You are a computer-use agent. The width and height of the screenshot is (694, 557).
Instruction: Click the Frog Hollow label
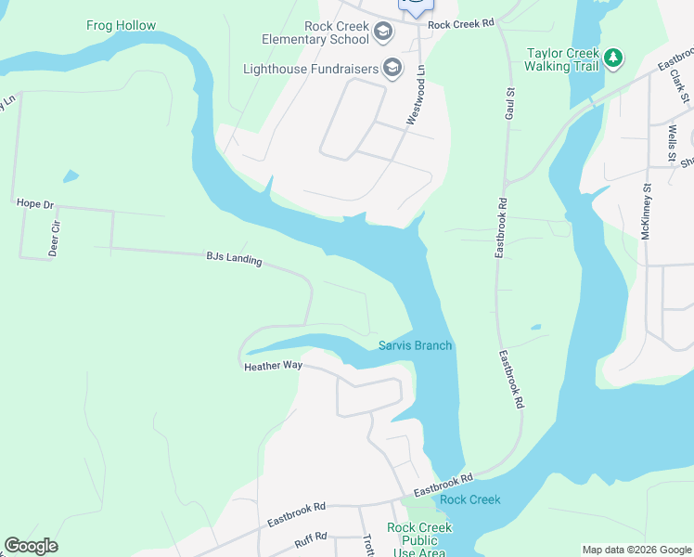click(121, 25)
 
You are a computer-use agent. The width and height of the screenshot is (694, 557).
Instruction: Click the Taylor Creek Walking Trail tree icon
click(612, 58)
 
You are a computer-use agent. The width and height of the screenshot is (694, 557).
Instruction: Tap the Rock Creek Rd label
click(461, 24)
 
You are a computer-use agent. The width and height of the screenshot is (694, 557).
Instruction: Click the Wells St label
click(672, 139)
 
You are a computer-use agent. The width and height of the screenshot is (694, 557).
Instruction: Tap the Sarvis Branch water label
click(415, 346)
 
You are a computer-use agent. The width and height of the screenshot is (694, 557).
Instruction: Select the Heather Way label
click(273, 366)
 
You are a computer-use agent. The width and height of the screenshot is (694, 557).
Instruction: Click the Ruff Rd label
click(312, 537)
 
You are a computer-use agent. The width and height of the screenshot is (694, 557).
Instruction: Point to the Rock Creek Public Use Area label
click(419, 539)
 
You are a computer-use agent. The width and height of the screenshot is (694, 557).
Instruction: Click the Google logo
click(31, 546)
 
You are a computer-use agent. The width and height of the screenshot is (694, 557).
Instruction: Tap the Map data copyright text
click(636, 550)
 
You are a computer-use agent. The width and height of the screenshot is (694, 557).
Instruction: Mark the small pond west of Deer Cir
click(71, 175)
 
